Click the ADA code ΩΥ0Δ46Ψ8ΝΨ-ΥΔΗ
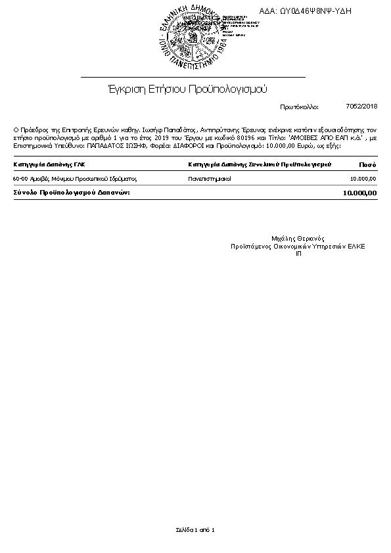pyautogui.click(x=306, y=11)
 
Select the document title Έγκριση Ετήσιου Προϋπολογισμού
pyautogui.click(x=187, y=89)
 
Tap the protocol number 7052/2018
pyautogui.click(x=361, y=106)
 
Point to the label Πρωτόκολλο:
pyautogui.click(x=299, y=107)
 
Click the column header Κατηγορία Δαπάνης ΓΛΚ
pyautogui.click(x=49, y=164)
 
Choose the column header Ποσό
pyautogui.click(x=367, y=164)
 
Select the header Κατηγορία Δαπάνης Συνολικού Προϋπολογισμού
pyautogui.click(x=259, y=164)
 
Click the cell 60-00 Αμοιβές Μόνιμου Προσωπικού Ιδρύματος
pyautogui.click(x=74, y=178)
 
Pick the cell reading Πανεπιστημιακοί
pyautogui.click(x=210, y=178)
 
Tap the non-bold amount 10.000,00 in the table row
pyautogui.click(x=363, y=178)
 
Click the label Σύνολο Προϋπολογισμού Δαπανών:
pyautogui.click(x=72, y=193)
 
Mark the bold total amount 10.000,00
pyautogui.click(x=359, y=193)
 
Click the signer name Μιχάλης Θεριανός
pyautogui.click(x=298, y=239)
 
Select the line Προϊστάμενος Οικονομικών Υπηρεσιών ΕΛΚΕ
pyautogui.click(x=298, y=246)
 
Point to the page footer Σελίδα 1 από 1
pyautogui.click(x=195, y=529)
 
